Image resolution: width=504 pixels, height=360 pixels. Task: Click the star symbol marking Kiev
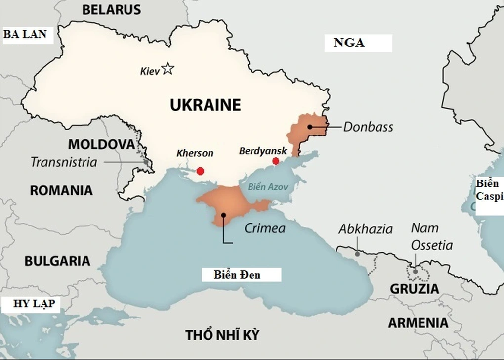168,68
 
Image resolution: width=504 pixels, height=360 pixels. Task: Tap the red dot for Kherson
200,171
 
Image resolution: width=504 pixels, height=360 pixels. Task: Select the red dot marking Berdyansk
276,161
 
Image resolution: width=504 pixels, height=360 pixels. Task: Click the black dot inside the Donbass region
309,127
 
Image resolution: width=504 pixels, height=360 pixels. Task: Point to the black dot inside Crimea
224,215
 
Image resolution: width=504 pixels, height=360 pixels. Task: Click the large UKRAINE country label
205,105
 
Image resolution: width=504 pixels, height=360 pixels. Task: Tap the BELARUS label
111,9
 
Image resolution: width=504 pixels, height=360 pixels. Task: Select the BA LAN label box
26,34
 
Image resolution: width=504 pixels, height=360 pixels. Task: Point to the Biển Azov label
267,187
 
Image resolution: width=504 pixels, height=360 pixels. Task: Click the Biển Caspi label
487,190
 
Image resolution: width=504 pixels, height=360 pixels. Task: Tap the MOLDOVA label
101,144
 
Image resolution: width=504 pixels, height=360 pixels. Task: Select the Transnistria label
64,162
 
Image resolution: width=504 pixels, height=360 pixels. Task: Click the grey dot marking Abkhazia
357,253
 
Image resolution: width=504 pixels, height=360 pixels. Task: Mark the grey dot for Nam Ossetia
415,271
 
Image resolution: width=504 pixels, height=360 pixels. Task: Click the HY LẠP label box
27,303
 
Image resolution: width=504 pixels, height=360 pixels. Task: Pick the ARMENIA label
418,323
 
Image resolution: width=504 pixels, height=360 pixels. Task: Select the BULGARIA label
57,261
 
